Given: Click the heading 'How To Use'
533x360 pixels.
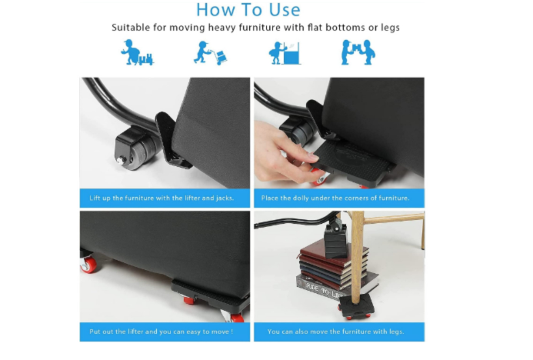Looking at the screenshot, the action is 248,9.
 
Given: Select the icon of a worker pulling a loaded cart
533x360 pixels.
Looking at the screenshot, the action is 137,52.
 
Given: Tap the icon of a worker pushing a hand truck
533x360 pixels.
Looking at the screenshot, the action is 210,53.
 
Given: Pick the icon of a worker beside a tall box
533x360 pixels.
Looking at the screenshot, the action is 285,53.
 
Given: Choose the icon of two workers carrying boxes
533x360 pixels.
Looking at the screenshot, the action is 358,52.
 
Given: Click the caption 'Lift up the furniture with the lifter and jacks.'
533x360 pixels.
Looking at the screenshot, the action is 162,198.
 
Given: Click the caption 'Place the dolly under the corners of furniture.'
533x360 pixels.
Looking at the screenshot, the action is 335,198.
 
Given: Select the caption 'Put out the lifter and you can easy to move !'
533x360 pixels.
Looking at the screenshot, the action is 161,332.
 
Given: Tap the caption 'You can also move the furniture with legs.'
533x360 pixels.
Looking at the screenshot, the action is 336,332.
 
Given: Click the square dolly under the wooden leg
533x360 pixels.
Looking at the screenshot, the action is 356,305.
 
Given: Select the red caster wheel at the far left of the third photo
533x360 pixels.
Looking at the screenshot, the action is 88,264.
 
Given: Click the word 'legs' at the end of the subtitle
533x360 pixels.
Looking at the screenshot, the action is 390,28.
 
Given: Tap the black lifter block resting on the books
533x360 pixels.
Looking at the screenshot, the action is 335,240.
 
